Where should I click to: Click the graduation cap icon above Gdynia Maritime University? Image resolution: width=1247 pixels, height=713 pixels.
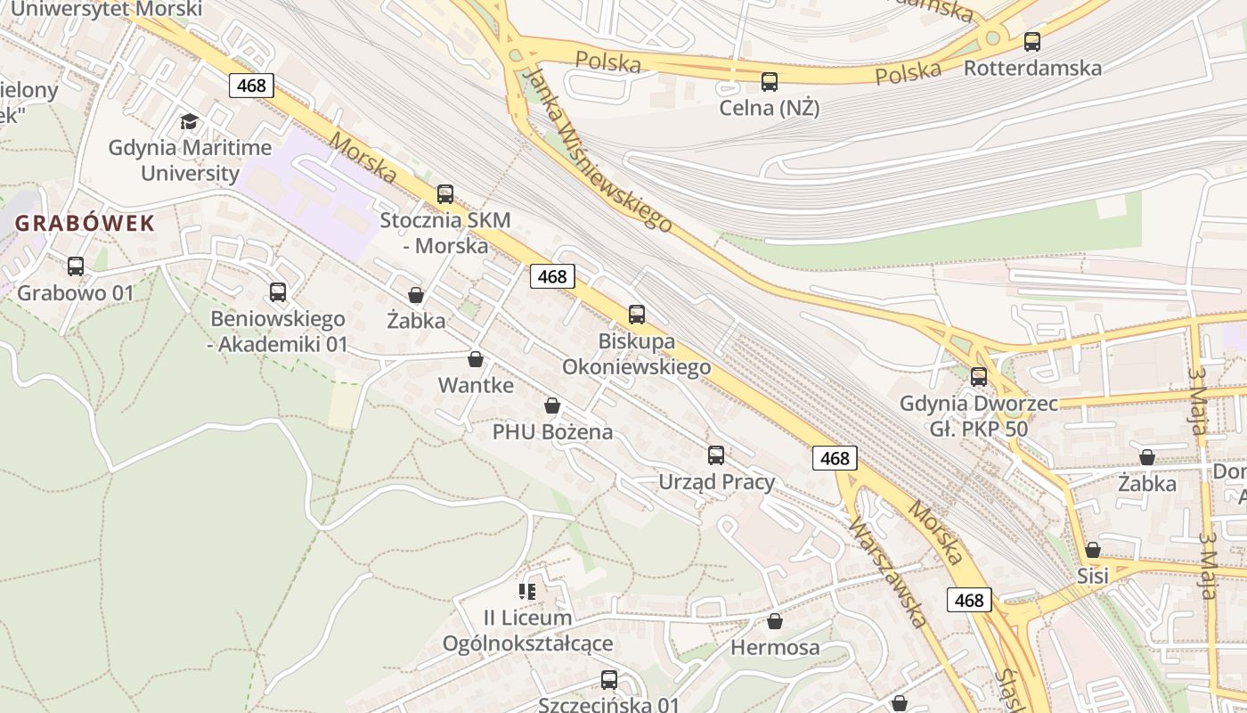(189, 121)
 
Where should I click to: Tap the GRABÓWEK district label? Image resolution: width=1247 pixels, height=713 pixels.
(86, 223)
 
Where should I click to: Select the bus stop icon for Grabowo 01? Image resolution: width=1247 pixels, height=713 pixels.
(76, 266)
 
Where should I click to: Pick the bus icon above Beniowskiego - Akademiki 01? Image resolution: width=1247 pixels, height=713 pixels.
(278, 291)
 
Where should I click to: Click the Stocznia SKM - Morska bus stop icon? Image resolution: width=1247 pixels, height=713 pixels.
(445, 193)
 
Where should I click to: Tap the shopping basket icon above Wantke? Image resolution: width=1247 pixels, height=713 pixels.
(476, 359)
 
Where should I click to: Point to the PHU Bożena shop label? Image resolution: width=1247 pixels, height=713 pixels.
(552, 432)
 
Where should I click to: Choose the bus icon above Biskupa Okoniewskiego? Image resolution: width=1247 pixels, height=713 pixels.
(637, 314)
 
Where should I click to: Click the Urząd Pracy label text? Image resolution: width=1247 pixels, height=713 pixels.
(716, 482)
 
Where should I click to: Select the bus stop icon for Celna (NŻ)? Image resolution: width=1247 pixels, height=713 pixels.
(770, 82)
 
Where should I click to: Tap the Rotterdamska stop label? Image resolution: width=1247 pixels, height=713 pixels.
(1032, 68)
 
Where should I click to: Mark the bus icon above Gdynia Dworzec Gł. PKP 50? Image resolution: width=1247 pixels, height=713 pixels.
(979, 376)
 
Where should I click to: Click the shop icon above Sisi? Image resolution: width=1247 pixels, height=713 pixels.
(1093, 549)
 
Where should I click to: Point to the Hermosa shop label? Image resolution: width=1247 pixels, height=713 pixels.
(775, 648)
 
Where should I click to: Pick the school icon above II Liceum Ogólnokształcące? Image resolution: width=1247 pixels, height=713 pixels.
(527, 591)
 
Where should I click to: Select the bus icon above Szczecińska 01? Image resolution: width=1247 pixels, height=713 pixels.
(609, 680)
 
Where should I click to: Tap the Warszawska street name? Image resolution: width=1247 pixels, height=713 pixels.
(888, 570)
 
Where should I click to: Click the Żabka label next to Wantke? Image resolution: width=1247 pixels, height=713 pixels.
(416, 321)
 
